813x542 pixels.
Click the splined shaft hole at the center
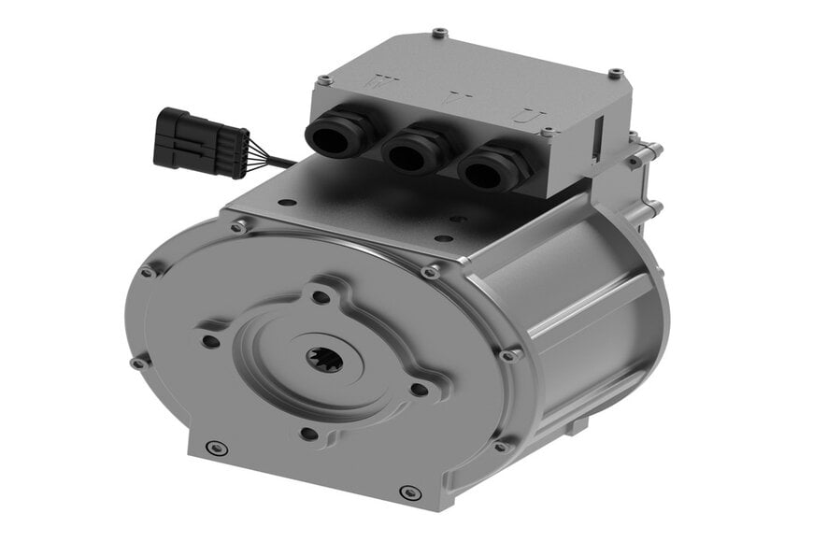(x=321, y=358)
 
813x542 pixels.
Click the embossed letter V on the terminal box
(x=455, y=98)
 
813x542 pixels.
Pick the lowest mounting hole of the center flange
(x=308, y=433)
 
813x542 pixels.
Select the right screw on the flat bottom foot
(x=406, y=491)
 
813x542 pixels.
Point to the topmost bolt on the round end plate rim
(x=240, y=226)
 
